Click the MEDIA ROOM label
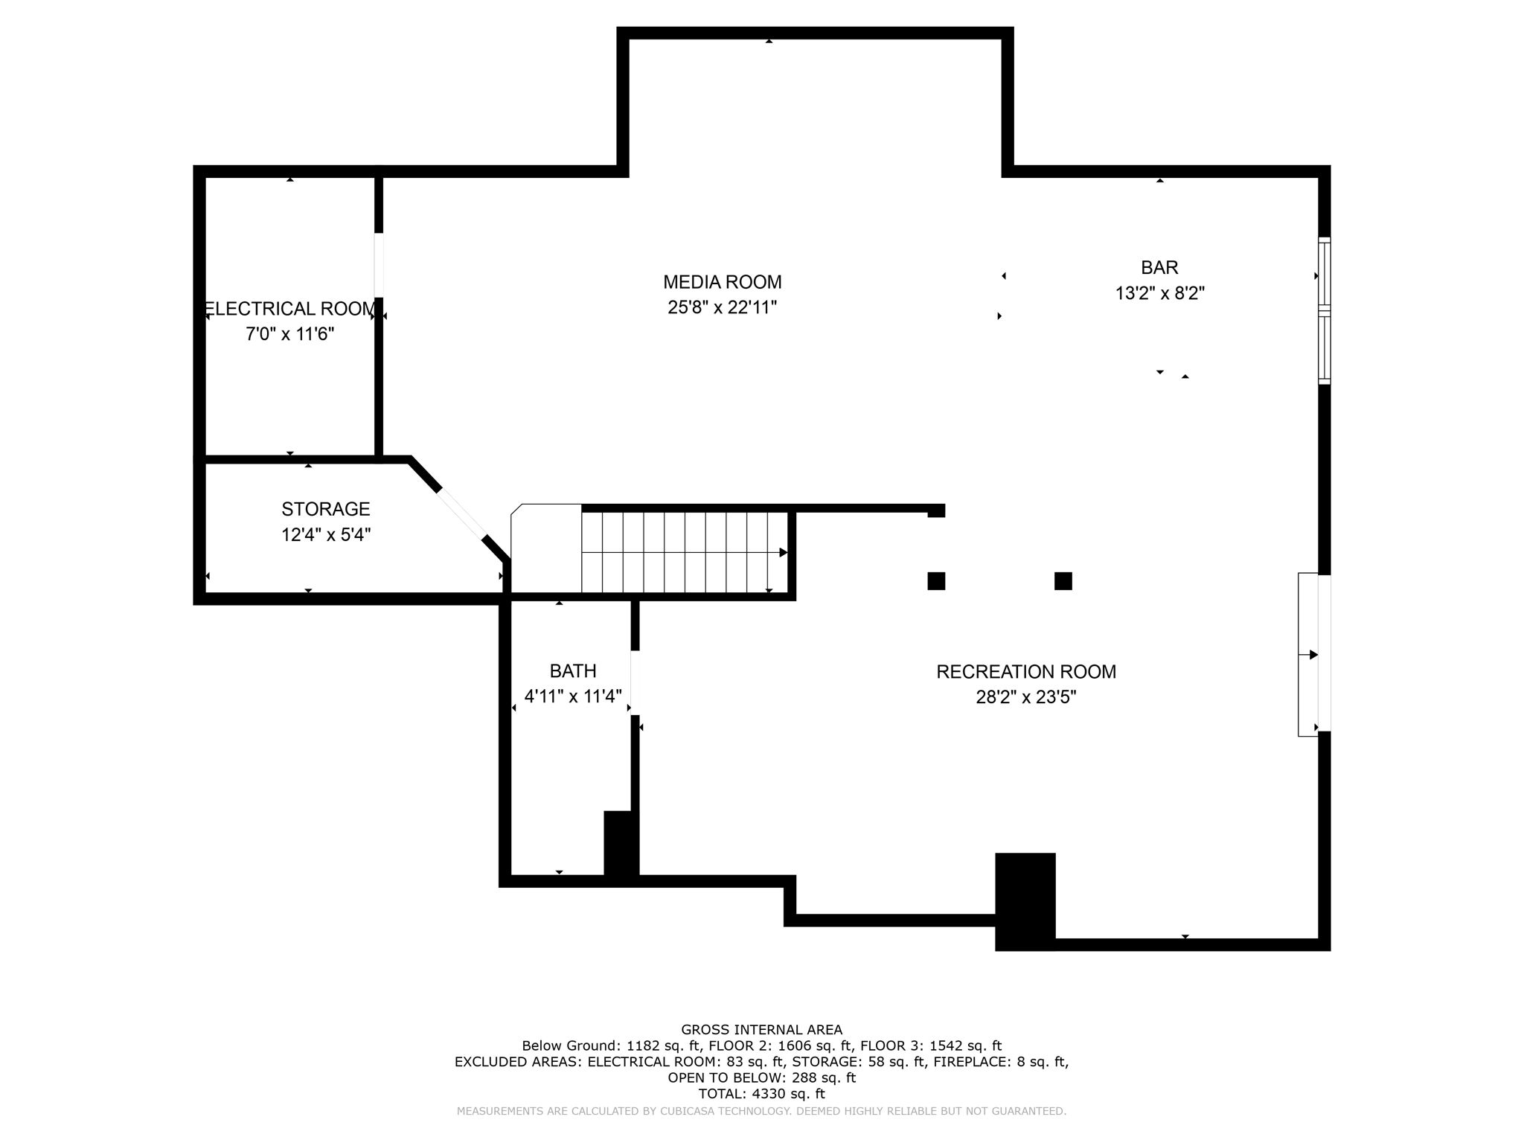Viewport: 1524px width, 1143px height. click(x=722, y=282)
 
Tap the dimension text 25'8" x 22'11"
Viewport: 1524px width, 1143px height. click(x=722, y=307)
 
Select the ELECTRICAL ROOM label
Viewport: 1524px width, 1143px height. click(x=289, y=309)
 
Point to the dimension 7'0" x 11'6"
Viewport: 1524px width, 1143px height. click(x=289, y=334)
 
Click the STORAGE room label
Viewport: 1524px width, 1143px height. click(x=325, y=509)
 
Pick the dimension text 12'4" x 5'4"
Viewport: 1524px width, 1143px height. click(x=325, y=534)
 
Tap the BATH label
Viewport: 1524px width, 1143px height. click(x=572, y=671)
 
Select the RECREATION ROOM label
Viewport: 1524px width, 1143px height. click(x=1025, y=672)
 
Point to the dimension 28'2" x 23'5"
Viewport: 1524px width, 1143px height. click(x=1025, y=697)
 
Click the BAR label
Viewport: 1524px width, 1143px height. click(x=1159, y=267)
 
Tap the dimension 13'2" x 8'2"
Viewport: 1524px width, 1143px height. click(x=1159, y=293)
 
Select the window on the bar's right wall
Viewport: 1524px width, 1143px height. click(x=1324, y=310)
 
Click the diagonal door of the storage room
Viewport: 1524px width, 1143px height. click(x=461, y=513)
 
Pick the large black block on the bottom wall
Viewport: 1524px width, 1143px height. click(x=1025, y=900)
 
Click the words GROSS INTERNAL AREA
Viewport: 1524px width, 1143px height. click(x=761, y=1030)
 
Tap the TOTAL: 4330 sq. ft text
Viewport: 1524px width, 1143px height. click(x=761, y=1094)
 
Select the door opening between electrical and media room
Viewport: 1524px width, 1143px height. click(x=379, y=265)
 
